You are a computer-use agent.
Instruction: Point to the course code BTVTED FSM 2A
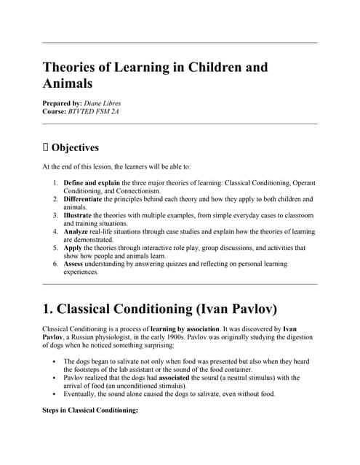click(x=103, y=113)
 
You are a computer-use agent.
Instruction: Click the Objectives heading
click(x=75, y=148)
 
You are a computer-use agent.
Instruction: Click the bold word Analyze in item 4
click(x=77, y=231)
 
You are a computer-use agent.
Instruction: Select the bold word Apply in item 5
click(x=73, y=247)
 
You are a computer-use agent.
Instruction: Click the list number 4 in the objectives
click(x=56, y=231)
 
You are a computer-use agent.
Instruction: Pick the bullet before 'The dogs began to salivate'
click(x=56, y=361)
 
